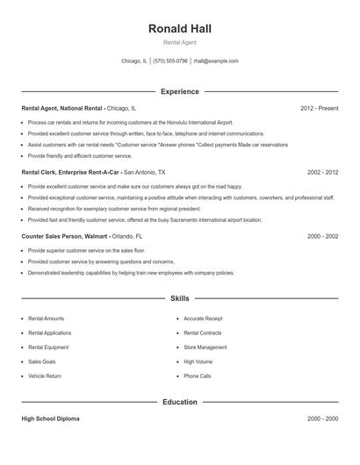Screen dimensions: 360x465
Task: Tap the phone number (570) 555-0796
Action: [169, 61]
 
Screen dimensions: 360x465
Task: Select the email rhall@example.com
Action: [216, 61]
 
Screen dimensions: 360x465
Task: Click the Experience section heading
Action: [180, 91]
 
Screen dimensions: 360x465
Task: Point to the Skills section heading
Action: [180, 299]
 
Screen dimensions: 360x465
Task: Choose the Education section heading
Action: [180, 402]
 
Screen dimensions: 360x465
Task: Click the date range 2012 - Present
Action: [319, 108]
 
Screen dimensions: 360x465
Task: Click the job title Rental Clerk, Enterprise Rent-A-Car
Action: [71, 173]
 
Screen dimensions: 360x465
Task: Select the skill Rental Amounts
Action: [46, 318]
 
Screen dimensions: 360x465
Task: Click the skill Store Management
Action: [205, 347]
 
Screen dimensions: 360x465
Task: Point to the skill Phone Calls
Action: [198, 376]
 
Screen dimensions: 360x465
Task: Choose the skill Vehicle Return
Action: [45, 376]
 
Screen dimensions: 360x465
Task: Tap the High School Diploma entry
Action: [50, 419]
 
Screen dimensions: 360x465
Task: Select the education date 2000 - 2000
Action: [322, 419]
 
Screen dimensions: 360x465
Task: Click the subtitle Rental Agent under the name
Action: [180, 43]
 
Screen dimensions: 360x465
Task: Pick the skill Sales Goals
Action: [41, 361]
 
